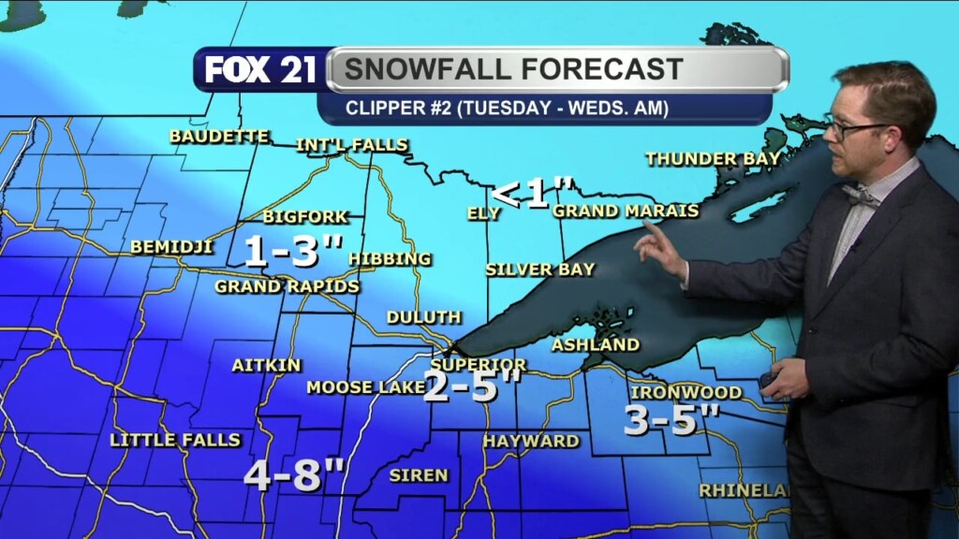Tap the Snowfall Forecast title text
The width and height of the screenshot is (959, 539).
pyautogui.click(x=513, y=69)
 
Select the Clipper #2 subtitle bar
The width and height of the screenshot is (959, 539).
pyautogui.click(x=506, y=108)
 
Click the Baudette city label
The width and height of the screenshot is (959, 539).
pyautogui.click(x=219, y=136)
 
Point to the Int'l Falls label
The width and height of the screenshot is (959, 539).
pyautogui.click(x=352, y=145)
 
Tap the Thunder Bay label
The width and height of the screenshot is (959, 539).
pyautogui.click(x=713, y=159)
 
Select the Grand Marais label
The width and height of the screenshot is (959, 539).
pyautogui.click(x=626, y=211)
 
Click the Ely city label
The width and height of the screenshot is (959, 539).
pyautogui.click(x=484, y=213)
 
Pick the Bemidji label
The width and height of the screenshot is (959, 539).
pyautogui.click(x=171, y=247)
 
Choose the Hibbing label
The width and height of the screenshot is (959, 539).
pyautogui.click(x=390, y=258)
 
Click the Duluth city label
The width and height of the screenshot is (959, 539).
pyautogui.click(x=423, y=317)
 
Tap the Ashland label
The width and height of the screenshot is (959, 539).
pyautogui.click(x=596, y=344)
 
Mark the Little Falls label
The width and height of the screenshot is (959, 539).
pyautogui.click(x=175, y=439)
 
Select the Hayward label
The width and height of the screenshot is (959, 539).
pyautogui.click(x=531, y=440)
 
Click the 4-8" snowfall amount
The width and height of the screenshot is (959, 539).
pyautogui.click(x=295, y=474)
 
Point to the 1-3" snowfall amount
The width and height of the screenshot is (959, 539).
pyautogui.click(x=293, y=251)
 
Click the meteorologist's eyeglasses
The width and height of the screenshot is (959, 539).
pyautogui.click(x=854, y=129)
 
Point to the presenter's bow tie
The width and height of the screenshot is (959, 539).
pyautogui.click(x=860, y=196)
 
